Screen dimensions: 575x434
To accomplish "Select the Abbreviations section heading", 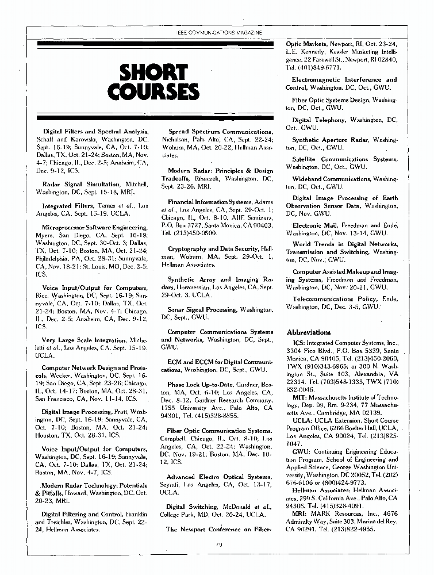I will tap(309, 332).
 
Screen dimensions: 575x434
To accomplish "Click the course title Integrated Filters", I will tap(72, 205).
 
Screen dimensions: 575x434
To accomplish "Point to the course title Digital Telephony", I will tap(319, 120).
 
